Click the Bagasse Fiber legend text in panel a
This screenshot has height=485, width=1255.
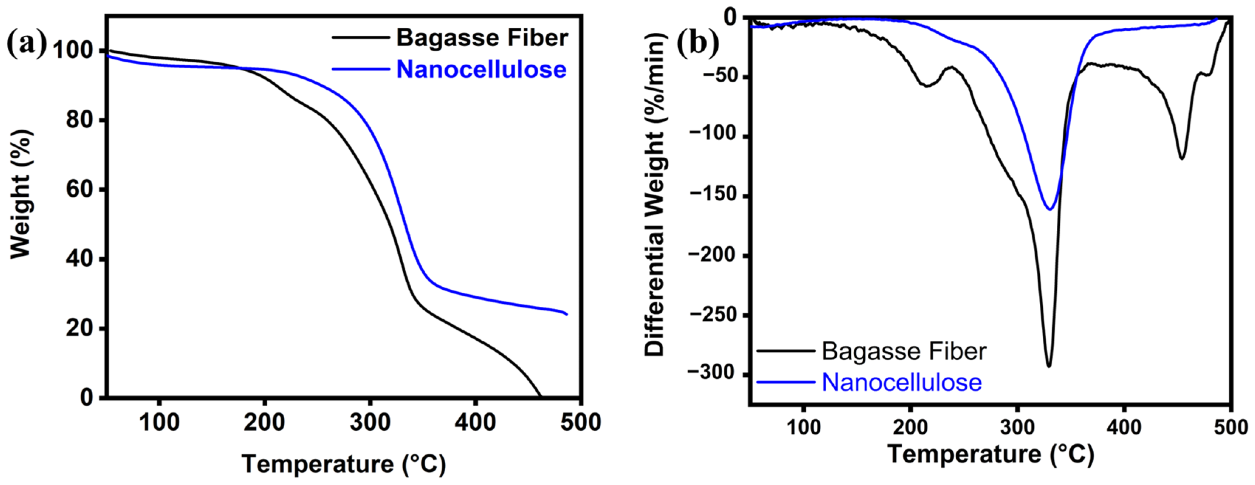pyautogui.click(x=482, y=38)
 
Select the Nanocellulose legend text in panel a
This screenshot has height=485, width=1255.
pyautogui.click(x=481, y=70)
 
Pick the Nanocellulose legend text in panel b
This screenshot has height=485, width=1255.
pyautogui.click(x=902, y=382)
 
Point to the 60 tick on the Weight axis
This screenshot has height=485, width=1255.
pyautogui.click(x=79, y=189)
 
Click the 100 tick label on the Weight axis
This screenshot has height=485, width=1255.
pyautogui.click(x=73, y=51)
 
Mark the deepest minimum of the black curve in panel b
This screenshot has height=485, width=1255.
pyautogui.click(x=1049, y=367)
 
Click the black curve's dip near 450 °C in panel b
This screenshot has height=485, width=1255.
pyautogui.click(x=1182, y=158)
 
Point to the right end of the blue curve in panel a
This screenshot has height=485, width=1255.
pyautogui.click(x=567, y=314)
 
